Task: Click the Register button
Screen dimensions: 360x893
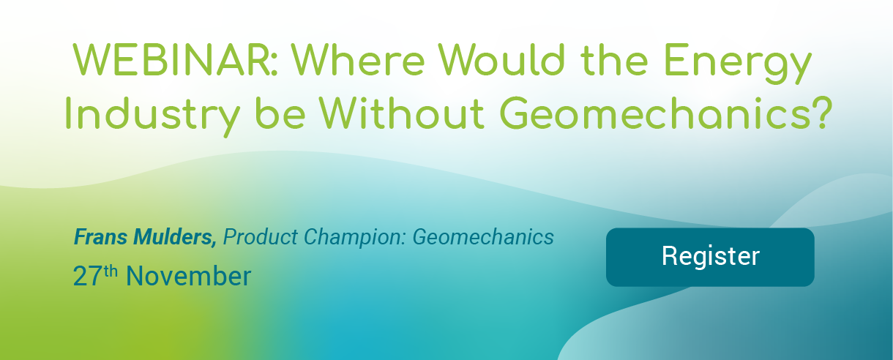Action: [710, 257]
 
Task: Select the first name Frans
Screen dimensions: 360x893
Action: [100, 237]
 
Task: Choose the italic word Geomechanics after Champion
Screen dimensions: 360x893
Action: [483, 239]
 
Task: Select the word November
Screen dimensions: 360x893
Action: [188, 277]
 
